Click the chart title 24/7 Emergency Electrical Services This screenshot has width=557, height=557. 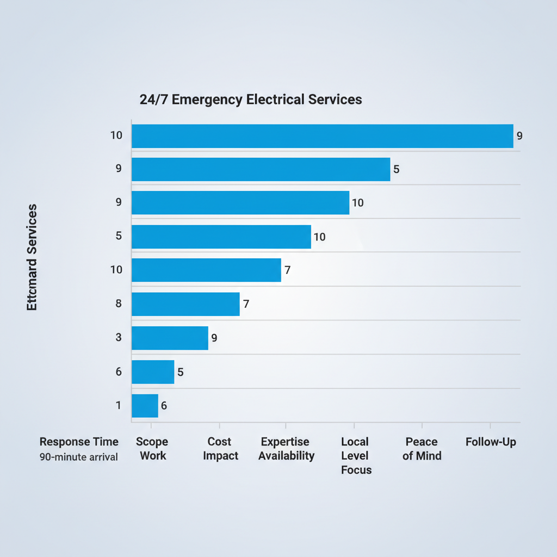(250, 100)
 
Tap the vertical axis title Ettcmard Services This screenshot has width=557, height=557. (32, 258)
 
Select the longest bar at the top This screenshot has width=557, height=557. (322, 136)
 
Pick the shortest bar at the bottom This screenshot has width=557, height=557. (145, 406)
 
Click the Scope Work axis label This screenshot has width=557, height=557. (152, 449)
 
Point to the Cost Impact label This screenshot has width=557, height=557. (220, 449)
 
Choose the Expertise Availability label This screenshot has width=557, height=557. (286, 449)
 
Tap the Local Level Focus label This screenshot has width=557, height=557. (356, 456)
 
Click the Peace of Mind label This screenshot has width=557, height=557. (422, 449)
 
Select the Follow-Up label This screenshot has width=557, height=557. (491, 442)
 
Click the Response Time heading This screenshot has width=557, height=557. (79, 442)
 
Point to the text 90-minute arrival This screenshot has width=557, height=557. (79, 457)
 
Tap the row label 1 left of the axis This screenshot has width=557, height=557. (118, 405)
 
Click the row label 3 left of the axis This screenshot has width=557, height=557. (118, 338)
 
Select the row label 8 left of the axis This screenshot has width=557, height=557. (118, 304)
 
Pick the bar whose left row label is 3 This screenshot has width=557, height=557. (170, 338)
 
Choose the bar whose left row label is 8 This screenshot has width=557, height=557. (185, 304)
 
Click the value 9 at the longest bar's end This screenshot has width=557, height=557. (519, 136)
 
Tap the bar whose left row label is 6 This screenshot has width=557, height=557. (153, 372)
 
